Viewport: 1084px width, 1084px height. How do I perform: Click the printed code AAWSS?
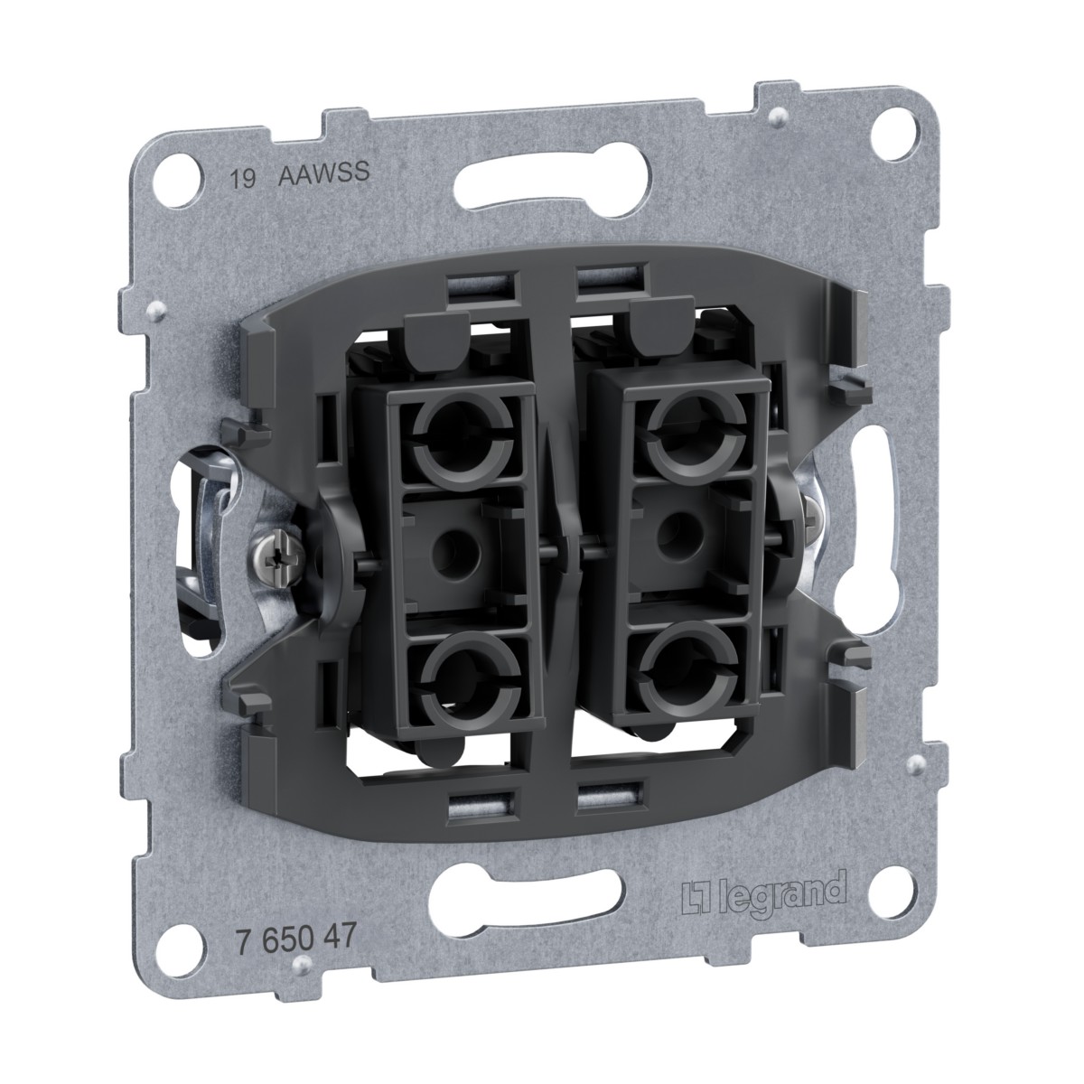coord(324,173)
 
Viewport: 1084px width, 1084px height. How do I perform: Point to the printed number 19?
coord(244,180)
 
